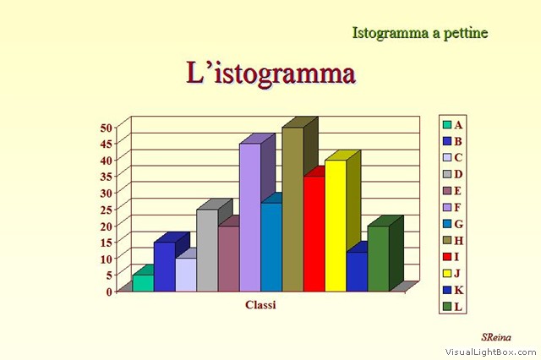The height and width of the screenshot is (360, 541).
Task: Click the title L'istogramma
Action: pos(270,74)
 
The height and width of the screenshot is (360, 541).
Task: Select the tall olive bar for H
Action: pos(293,210)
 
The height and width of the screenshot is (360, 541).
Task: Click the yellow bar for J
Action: pos(336,226)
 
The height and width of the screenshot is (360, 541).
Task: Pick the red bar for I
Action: pos(314,234)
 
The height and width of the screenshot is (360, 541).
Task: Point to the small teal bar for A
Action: pos(143,283)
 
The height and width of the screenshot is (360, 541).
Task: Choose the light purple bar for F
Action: pos(250,217)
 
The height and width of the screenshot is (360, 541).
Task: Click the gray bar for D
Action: pos(207,250)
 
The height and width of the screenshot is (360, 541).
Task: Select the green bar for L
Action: pos(378,259)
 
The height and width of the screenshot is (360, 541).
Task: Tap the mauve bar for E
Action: pos(229,259)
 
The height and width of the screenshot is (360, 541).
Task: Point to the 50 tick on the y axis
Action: pos(106,128)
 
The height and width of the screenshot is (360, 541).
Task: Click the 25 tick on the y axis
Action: pos(106,210)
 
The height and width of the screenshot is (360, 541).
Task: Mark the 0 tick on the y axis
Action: pos(109,292)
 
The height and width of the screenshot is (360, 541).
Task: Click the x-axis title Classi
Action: pos(260,305)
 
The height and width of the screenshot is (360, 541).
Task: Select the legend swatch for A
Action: pos(447,125)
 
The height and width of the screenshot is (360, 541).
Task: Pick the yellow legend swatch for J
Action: pos(447,274)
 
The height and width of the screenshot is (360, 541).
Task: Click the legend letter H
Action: pos(458,240)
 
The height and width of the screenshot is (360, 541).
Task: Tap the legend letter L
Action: pos(458,307)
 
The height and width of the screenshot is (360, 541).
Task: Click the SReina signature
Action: pos(496,337)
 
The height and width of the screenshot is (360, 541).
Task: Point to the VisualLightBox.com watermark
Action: pos(490,352)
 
